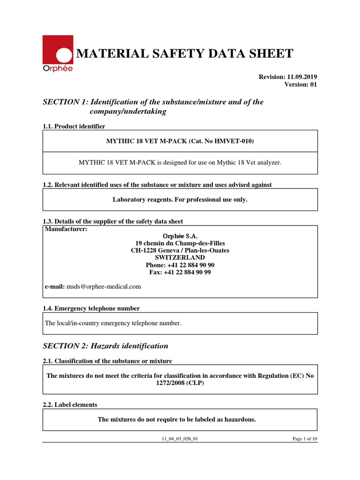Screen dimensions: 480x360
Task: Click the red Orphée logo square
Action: pos(58,50)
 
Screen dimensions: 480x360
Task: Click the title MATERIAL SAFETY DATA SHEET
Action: pos(185,54)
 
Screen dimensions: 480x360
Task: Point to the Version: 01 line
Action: pos(300,84)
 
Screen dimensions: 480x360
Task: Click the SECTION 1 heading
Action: pos(153,107)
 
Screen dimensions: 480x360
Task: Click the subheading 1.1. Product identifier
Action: pos(74,127)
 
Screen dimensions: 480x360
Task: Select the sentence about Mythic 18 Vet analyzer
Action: pos(180,162)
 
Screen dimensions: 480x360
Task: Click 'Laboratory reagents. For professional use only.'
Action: pos(180,200)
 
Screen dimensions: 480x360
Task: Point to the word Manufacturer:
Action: pos(66,229)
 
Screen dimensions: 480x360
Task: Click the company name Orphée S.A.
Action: pos(180,236)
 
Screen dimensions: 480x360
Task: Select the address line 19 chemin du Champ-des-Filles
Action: pos(180,243)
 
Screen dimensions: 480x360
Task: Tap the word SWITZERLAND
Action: pos(180,257)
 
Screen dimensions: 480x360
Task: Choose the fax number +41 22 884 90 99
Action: pos(187,272)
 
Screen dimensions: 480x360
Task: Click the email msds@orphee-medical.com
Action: pos(104,286)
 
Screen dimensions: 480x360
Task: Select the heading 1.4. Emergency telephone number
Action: pos(91,308)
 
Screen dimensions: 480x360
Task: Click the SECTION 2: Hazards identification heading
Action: pos(105,346)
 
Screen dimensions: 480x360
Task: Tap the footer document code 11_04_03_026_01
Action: pos(180,439)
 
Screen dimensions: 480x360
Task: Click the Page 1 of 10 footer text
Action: pos(305,439)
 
